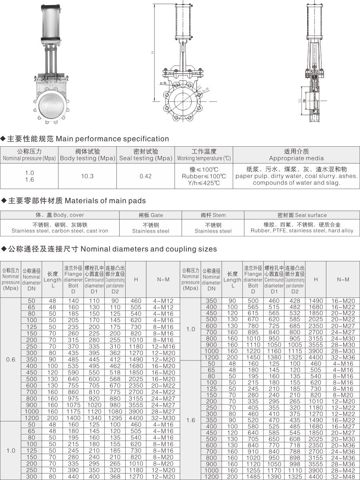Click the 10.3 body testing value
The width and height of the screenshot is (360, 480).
coord(87,176)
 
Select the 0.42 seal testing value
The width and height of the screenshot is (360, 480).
coord(146,176)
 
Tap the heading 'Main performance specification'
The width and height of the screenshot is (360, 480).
coord(112,139)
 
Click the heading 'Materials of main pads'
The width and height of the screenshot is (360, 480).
coord(105,201)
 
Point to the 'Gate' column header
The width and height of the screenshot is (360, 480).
coord(151,215)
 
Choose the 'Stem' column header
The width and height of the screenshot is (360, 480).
coord(213,215)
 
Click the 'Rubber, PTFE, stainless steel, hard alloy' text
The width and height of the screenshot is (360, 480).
coord(302,231)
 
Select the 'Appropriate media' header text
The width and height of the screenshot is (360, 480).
coord(296,158)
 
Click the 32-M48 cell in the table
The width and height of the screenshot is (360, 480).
coord(343,477)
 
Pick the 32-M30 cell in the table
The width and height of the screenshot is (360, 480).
coord(163,418)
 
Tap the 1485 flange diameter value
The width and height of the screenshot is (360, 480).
coord(253,477)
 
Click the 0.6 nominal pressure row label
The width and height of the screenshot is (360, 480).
coord(10,359)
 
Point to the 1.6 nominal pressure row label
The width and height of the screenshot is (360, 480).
coord(190,420)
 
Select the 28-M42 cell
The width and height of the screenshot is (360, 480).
coord(343,470)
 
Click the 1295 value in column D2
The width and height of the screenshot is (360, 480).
coord(115,418)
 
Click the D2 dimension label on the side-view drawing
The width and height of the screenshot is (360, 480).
coord(299,101)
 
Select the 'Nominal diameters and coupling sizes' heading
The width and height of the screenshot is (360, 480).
coord(149,249)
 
